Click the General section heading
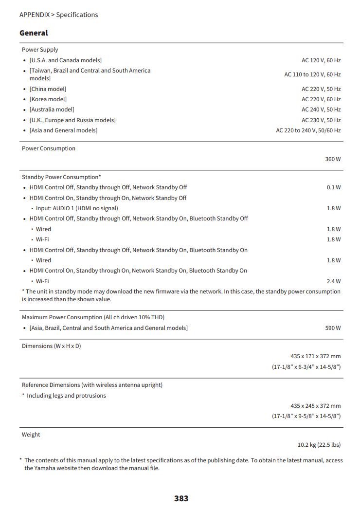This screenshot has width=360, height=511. tap(34, 33)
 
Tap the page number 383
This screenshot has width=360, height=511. tap(181, 498)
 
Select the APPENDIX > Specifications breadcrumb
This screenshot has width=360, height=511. tap(58, 15)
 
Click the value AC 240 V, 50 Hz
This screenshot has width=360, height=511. tap(321, 109)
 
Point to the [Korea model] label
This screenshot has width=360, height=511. tap(48, 99)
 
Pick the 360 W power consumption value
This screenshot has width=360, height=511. tap(333, 159)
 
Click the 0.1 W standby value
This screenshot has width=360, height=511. tap(334, 187)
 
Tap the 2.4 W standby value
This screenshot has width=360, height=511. tap(334, 281)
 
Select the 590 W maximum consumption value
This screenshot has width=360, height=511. tap(333, 328)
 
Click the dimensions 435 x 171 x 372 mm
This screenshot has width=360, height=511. tap(315, 356)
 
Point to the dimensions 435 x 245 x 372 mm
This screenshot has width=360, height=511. tap(315, 406)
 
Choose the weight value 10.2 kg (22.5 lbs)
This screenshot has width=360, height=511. tap(319, 445)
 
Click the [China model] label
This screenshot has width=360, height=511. tap(48, 89)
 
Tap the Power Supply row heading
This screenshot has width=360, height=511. tap(40, 50)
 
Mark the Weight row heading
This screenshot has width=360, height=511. tap(31, 435)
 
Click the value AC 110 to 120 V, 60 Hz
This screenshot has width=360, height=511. tap(312, 74)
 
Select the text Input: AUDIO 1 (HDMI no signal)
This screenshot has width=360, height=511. tap(77, 208)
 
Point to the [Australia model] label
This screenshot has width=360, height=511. tap(52, 109)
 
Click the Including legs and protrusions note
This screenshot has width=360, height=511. tap(66, 396)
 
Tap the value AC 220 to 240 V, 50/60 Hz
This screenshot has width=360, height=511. tap(308, 130)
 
